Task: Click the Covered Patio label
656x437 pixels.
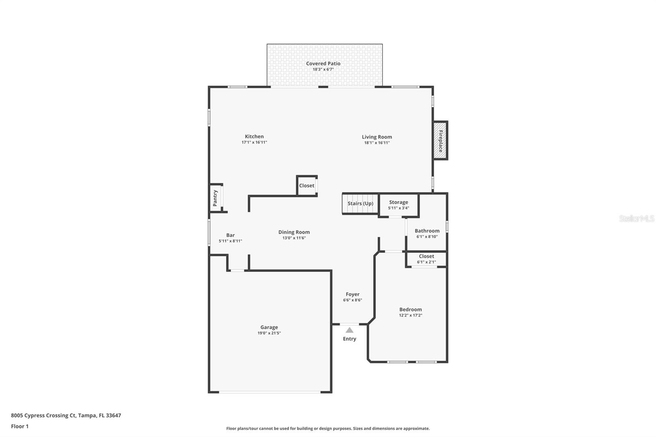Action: tap(323, 64)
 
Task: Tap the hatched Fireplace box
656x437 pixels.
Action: tap(440, 141)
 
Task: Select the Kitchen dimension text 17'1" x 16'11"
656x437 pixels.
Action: tap(254, 143)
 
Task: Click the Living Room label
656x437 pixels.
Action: tap(377, 137)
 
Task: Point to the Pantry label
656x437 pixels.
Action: tap(215, 198)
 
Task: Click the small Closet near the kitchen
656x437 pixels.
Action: tap(307, 186)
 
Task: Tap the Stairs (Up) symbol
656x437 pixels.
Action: tap(360, 204)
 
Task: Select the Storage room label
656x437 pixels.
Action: tap(399, 202)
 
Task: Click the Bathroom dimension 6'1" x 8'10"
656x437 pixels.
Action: tap(427, 237)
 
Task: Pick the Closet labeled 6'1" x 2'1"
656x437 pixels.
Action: tap(426, 259)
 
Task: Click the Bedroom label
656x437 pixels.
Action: tap(410, 310)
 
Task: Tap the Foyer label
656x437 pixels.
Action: tap(353, 294)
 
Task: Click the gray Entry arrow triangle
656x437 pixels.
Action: tap(349, 330)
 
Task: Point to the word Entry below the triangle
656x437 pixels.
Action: tap(349, 339)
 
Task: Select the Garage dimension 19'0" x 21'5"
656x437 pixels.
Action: tap(269, 333)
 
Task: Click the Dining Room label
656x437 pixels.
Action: tap(294, 232)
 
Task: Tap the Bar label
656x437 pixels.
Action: tap(230, 235)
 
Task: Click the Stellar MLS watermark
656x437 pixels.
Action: tap(636, 218)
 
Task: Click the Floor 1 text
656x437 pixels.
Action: tap(20, 426)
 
